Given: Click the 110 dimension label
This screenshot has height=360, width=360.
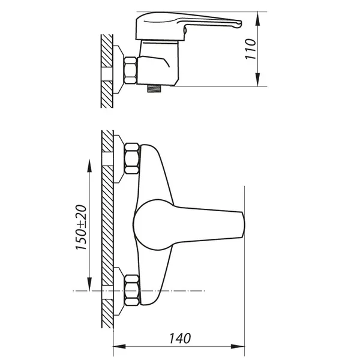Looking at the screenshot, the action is click(250, 49).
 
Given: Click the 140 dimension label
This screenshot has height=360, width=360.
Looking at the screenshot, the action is click(180, 338).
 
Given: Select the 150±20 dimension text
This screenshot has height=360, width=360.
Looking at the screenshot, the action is click(81, 227).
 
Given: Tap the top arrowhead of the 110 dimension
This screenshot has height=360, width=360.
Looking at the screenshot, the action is click(258, 19).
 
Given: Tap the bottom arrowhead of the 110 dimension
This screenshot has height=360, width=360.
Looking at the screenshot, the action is click(258, 80).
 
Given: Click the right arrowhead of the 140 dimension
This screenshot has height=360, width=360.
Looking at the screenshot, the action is click(238, 346).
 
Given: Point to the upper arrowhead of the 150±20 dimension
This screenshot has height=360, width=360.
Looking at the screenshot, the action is click(89, 166).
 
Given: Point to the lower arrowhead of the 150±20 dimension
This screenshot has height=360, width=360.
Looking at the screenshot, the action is click(89, 284).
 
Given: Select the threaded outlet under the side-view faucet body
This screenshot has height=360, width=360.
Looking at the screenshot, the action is click(154, 89).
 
